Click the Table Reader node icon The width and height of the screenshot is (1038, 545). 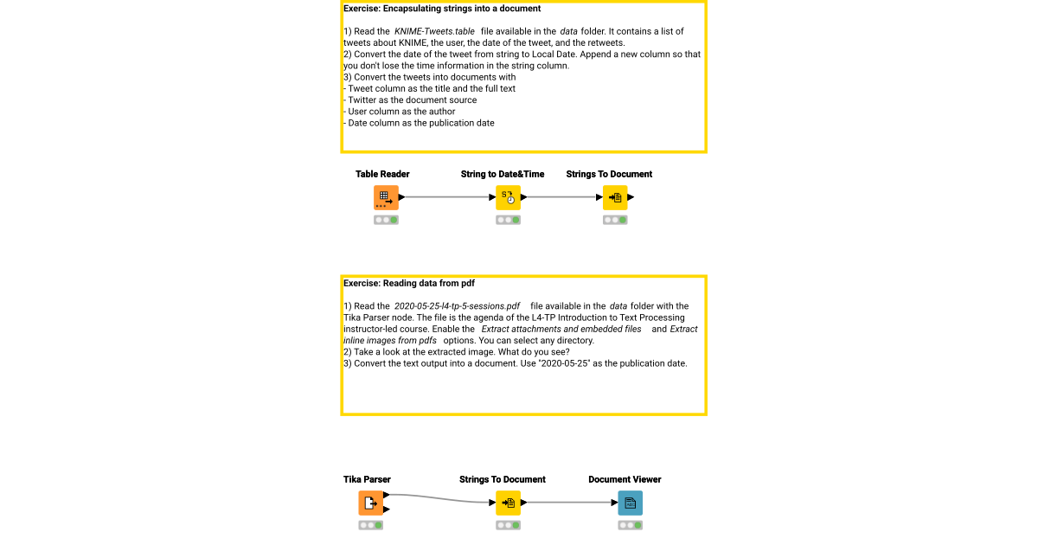(386, 197)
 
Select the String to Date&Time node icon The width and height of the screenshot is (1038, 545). (508, 197)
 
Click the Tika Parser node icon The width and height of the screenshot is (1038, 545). (370, 503)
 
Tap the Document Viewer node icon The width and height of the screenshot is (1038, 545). (630, 503)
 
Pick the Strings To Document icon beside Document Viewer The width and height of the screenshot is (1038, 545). (508, 503)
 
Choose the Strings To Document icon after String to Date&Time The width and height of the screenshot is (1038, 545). (615, 197)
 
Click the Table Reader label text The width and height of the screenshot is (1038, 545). (382, 174)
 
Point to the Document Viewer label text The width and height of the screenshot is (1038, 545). (625, 479)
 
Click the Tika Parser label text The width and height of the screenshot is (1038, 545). (367, 479)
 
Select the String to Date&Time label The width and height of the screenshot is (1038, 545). (503, 174)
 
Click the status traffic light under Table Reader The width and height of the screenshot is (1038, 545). (386, 220)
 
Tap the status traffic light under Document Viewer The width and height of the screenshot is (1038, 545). (630, 525)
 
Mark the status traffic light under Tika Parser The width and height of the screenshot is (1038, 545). (370, 525)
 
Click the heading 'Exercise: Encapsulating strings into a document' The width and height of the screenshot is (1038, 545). (442, 9)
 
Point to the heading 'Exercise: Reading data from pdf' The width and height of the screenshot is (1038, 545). (409, 283)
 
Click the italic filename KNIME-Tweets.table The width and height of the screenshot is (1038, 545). (435, 31)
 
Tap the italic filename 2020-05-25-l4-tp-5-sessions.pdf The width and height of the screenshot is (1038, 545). (457, 306)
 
